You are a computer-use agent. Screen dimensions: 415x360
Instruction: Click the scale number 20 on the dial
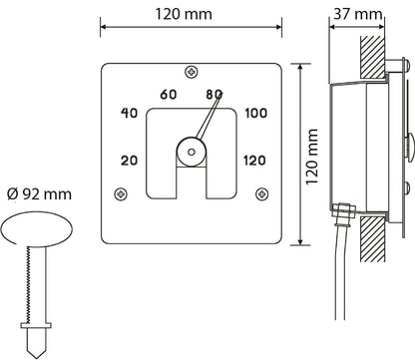(x=129, y=161)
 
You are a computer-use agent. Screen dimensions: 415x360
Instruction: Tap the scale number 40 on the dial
(x=129, y=113)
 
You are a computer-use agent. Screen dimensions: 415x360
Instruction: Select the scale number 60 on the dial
(x=169, y=95)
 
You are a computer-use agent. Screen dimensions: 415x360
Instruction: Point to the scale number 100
(x=256, y=114)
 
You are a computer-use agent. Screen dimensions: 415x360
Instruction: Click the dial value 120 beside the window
(x=254, y=161)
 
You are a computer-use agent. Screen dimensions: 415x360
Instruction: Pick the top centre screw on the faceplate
(x=192, y=72)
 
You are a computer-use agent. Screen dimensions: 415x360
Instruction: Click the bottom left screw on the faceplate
(x=121, y=193)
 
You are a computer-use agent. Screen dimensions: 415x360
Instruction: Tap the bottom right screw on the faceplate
(x=262, y=193)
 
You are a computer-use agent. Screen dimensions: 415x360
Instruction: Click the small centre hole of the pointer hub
(x=192, y=152)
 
